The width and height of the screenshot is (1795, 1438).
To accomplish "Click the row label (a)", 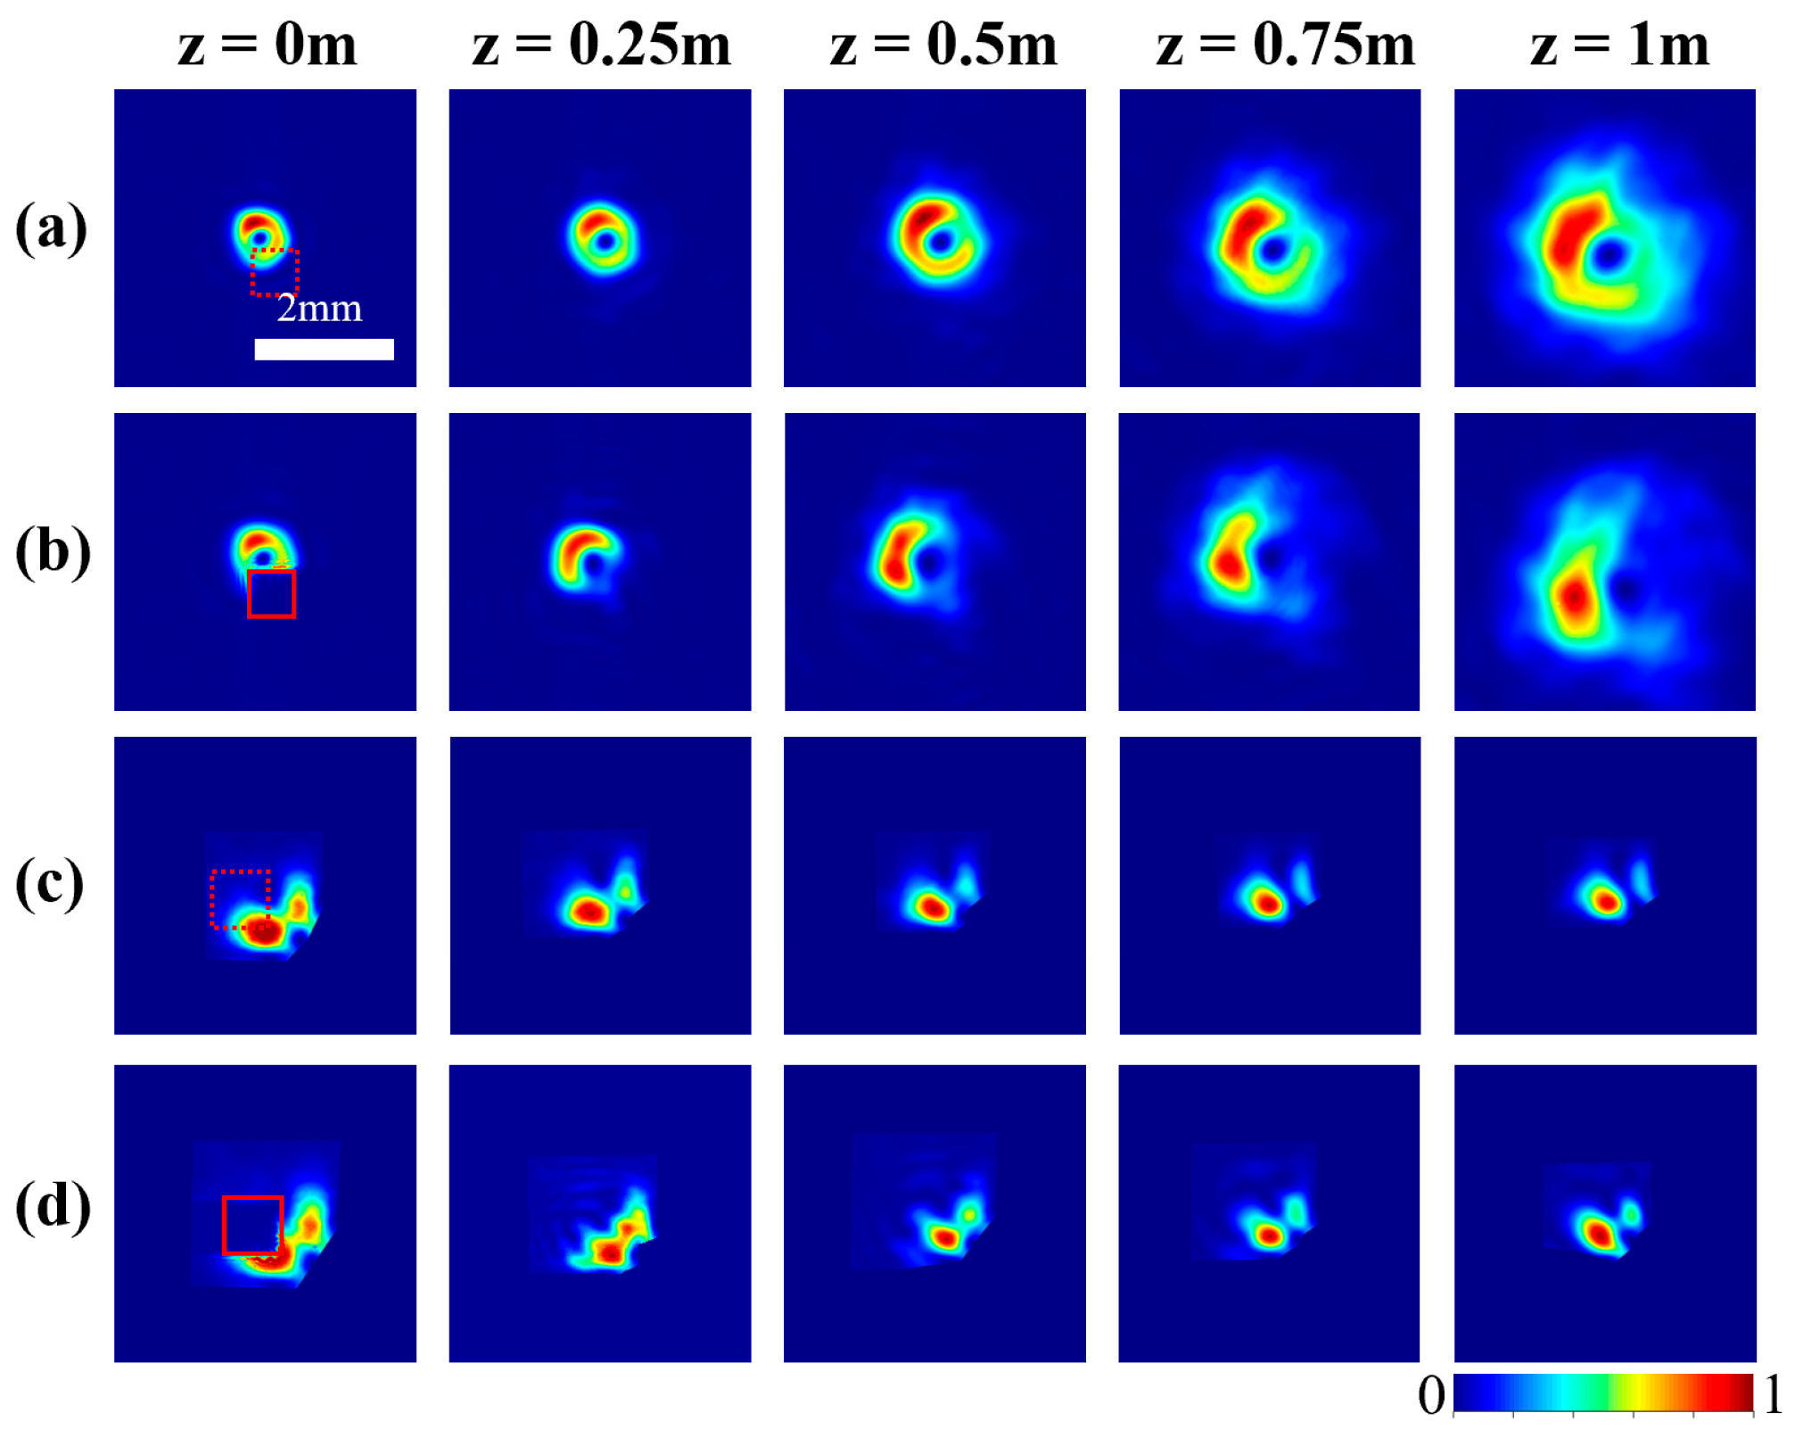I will point(51,228).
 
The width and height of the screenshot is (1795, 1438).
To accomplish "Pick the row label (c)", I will point(50,883).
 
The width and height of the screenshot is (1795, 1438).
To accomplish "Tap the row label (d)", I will point(53,1206).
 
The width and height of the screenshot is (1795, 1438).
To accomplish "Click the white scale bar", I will point(324,349).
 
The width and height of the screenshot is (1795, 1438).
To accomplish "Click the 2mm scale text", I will point(319,309).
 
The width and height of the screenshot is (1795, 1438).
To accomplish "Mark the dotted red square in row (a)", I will point(275,272).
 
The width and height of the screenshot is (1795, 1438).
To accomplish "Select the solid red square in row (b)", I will point(271,594).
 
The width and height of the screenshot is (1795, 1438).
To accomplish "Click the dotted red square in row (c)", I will point(240,899).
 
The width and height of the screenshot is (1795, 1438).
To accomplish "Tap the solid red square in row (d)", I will point(252,1225).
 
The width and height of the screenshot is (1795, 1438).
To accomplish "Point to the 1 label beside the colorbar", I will point(1773,1394).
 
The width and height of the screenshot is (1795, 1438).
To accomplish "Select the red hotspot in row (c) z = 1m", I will point(1607,902).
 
